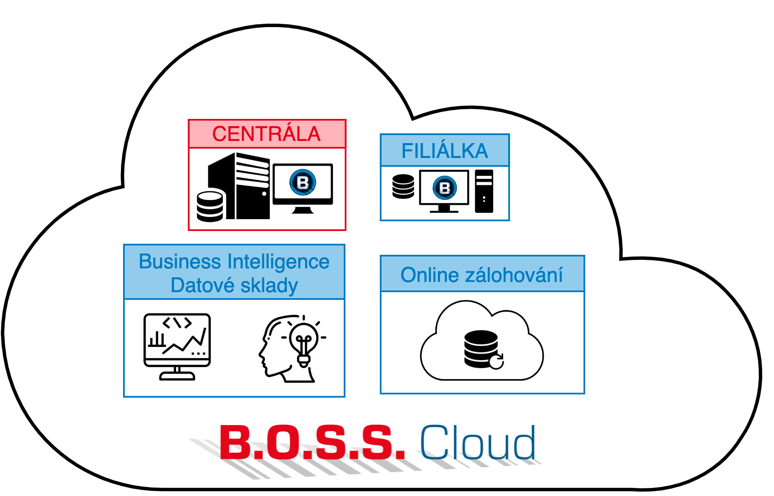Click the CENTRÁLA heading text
[x=266, y=134]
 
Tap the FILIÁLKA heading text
[x=445, y=151]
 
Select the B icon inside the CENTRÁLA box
[x=303, y=183]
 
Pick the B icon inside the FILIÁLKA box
[x=444, y=188]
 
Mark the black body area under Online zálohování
[x=482, y=342]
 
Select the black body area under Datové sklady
[x=234, y=348]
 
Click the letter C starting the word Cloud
[x=433, y=442]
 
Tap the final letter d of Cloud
[x=524, y=442]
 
